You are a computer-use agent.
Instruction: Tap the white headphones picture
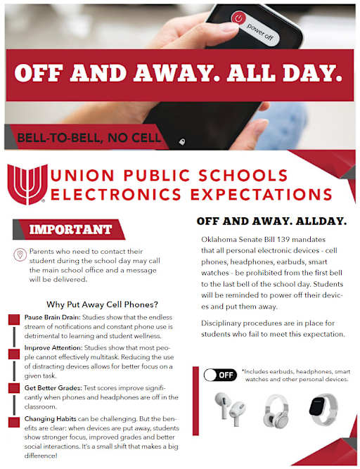(x=276, y=411)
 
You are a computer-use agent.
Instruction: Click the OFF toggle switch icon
(x=220, y=375)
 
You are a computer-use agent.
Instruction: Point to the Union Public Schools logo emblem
(x=26, y=184)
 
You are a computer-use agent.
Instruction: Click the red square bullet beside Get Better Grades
(x=13, y=389)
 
